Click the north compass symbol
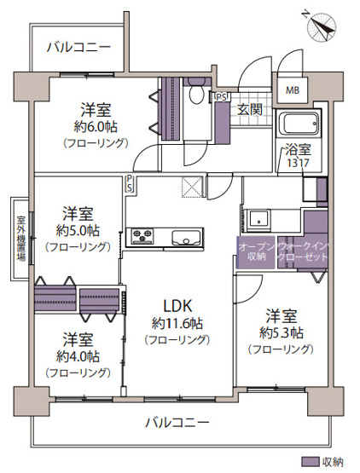tap(322, 26)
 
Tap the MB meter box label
tap(293, 91)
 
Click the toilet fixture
tap(196, 95)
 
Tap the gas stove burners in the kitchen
tap(141, 236)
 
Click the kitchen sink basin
tap(184, 236)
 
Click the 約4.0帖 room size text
tap(77, 355)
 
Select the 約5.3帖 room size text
tap(282, 331)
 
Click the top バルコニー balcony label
tap(78, 46)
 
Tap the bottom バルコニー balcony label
tap(177, 421)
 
